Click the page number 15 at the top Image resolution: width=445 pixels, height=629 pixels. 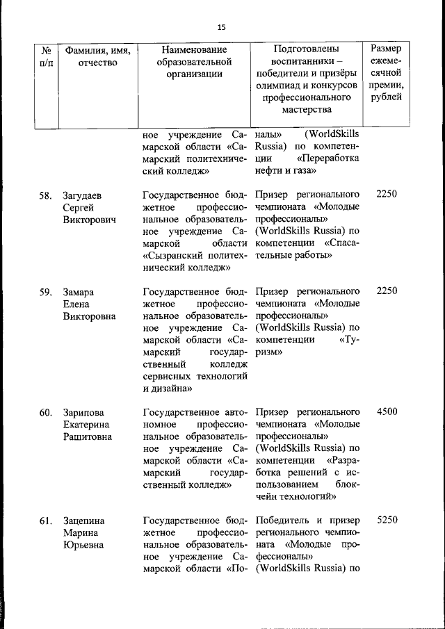222,27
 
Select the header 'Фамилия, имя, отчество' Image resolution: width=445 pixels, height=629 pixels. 97,56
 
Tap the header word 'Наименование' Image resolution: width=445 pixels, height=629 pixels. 194,50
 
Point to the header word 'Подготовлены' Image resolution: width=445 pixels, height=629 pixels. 307,50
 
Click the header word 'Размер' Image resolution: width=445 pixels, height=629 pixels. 390,49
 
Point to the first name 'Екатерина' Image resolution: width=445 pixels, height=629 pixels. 87,425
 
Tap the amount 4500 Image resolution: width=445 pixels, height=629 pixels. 387,411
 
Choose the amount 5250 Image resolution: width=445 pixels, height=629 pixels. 387,519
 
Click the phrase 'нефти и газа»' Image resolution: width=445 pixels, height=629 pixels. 284,170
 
